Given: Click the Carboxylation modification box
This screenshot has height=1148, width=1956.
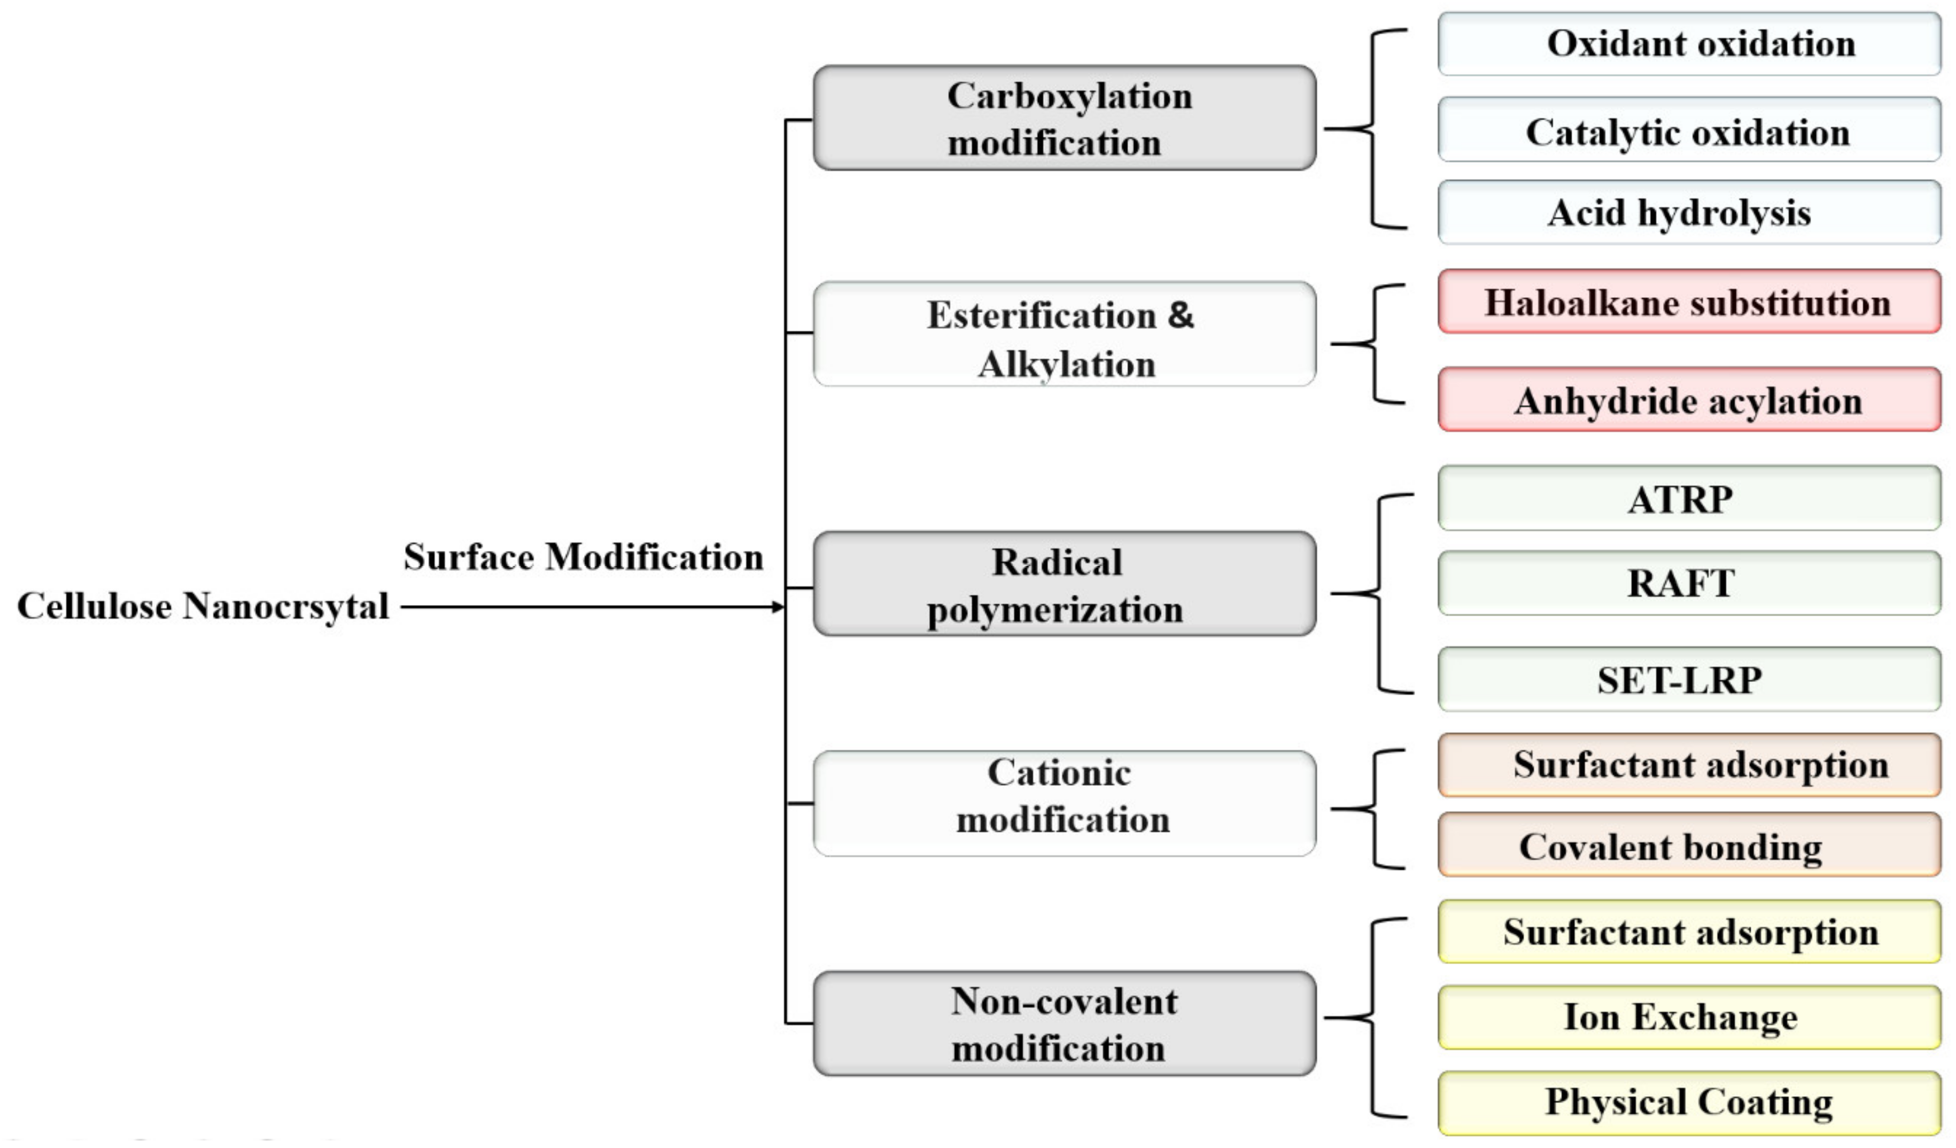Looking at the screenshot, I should coord(1064,118).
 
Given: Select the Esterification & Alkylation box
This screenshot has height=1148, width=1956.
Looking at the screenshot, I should coord(1064,335).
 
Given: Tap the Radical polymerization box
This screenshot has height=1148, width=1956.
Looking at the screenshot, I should coord(1064,585).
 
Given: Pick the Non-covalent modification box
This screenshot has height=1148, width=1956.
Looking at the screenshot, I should coord(1064,1024).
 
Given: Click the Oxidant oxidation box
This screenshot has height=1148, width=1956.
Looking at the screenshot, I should coord(1689,44).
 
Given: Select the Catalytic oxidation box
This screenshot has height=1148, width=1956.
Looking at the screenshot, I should coord(1689,130).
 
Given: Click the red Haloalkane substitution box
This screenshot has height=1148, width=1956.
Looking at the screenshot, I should coord(1689,302).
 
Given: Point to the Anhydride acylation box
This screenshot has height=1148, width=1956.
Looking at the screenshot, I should coord(1689,400).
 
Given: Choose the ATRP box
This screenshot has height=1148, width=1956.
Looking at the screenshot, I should coord(1689,498).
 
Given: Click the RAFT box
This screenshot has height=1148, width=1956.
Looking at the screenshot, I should coord(1689,584).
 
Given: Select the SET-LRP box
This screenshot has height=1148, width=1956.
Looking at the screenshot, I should coord(1689,680).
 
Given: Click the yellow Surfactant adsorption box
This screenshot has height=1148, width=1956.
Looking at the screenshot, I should coord(1689,932).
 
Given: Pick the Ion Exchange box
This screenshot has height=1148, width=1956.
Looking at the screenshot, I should coord(1689,1018).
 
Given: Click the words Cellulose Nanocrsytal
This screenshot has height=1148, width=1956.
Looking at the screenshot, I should coord(203,606).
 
